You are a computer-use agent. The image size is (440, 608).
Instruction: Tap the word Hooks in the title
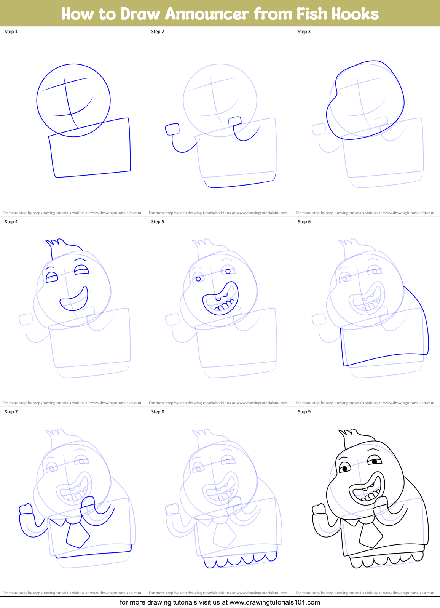355,14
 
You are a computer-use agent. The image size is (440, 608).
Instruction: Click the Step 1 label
11,32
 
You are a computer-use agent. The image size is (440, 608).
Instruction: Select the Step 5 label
158,222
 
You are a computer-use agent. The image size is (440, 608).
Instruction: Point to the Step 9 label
304,412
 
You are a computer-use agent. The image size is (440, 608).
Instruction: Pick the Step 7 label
11,412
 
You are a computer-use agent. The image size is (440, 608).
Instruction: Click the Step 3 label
304,32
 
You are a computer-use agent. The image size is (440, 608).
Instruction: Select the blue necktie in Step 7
78,535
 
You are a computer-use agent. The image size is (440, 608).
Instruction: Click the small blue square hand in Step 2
172,129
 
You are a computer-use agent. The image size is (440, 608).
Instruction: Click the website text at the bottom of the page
220,602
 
